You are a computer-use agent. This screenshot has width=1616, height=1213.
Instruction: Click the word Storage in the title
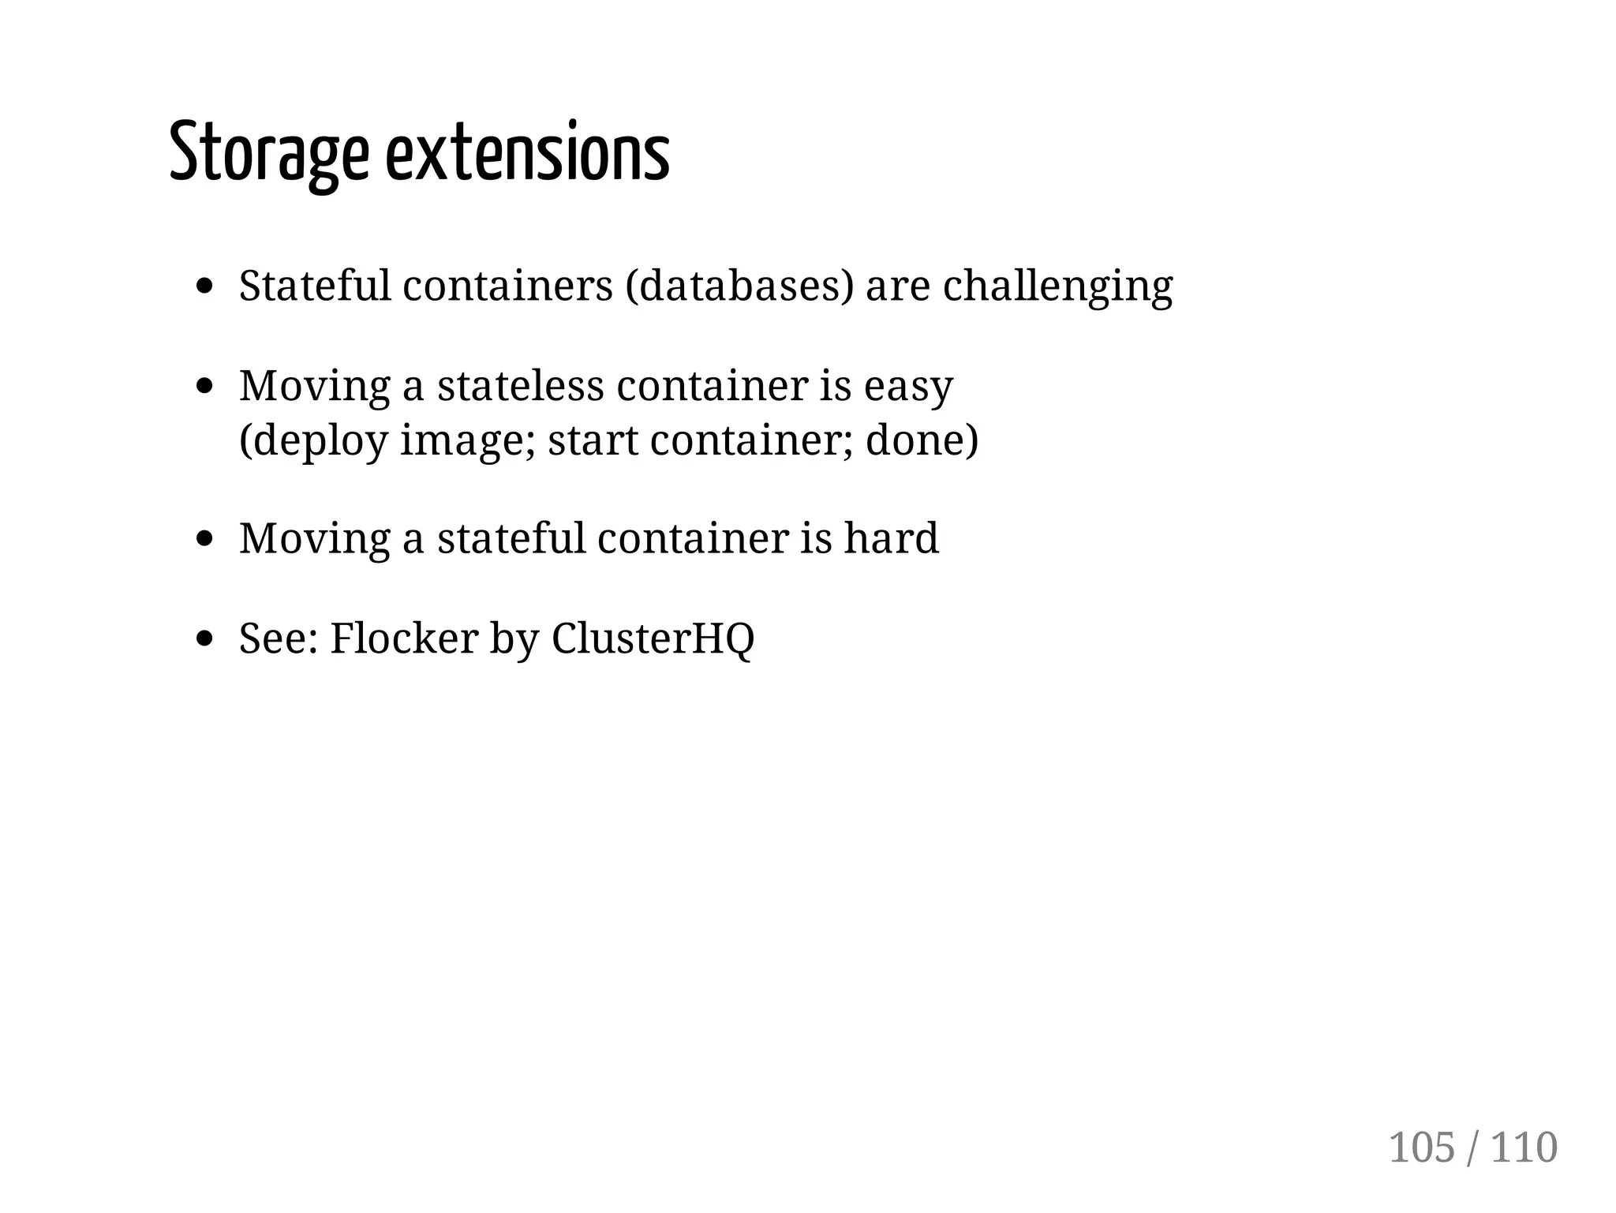click(268, 153)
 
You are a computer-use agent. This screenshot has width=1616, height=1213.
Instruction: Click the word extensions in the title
click(527, 153)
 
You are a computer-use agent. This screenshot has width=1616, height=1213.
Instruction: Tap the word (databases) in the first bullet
click(739, 286)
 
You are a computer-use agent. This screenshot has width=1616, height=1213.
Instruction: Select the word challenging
click(1058, 286)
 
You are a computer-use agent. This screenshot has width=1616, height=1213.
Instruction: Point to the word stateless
click(520, 386)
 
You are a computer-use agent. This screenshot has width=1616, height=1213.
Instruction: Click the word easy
click(908, 387)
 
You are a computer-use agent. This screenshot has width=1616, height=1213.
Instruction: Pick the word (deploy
click(313, 440)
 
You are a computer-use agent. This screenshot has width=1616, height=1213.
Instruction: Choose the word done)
click(922, 440)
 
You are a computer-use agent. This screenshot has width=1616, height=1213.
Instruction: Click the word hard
click(891, 538)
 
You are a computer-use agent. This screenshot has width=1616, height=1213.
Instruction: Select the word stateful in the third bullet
click(511, 538)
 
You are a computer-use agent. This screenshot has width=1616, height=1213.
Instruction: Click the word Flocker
click(403, 638)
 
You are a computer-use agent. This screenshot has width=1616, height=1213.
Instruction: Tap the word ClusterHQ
click(653, 638)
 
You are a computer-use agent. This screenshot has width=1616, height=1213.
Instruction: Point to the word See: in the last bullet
click(278, 638)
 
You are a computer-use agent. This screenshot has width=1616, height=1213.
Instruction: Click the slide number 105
click(1421, 1147)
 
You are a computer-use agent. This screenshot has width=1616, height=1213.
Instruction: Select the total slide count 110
click(1524, 1147)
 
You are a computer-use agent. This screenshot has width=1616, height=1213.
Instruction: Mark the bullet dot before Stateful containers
click(205, 286)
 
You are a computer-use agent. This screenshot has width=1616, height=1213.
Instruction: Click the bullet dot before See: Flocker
click(205, 638)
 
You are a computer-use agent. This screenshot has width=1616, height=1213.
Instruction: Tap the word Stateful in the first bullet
click(315, 286)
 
